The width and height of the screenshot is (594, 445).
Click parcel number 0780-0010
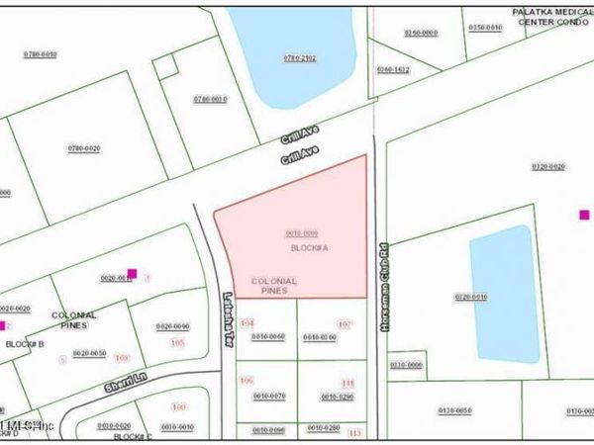pyautogui.click(x=210, y=99)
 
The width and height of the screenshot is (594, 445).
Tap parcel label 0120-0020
pyautogui.click(x=546, y=167)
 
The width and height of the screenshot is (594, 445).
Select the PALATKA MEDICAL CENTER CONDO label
pyautogui.click(x=550, y=16)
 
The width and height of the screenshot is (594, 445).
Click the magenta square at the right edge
pyautogui.click(x=584, y=215)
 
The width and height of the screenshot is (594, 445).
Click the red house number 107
pyautogui.click(x=345, y=324)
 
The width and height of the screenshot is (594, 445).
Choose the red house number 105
pyautogui.click(x=177, y=342)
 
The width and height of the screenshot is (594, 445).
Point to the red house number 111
pyautogui.click(x=347, y=384)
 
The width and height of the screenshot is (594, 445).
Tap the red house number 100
pyautogui.click(x=179, y=407)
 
